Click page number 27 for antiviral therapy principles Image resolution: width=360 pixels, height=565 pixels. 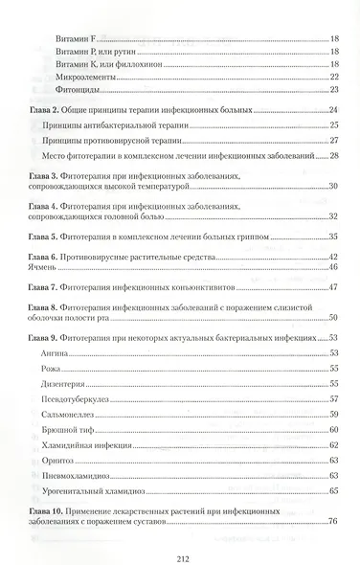click(x=334, y=140)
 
